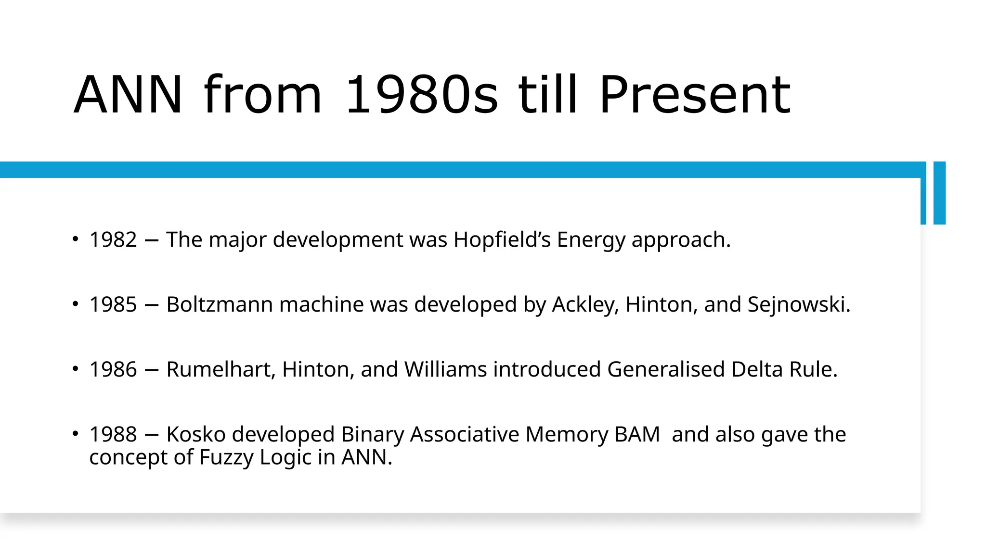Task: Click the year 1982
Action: pos(113,239)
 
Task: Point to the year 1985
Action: pos(113,304)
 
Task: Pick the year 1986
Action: pos(113,369)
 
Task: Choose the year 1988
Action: pos(113,434)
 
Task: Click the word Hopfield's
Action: pos(502,239)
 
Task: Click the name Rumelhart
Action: pos(220,369)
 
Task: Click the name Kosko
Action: pos(195,434)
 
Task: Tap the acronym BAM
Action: pos(637,434)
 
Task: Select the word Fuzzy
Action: pos(226,457)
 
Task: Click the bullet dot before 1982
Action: pos(75,239)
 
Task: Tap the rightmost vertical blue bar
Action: pos(939,193)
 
